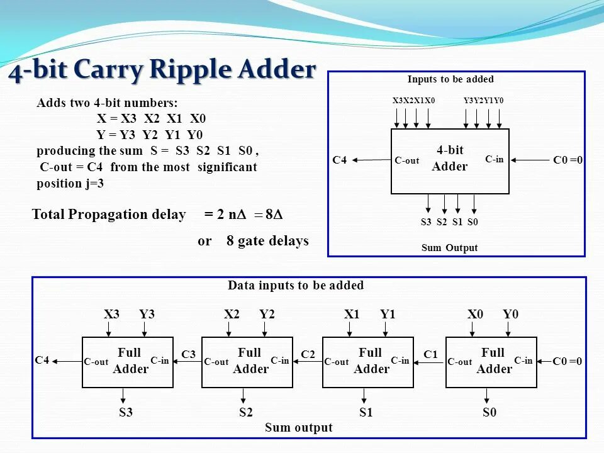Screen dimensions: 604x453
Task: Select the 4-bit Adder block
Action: click(450, 161)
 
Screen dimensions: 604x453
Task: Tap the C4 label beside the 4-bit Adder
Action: click(340, 160)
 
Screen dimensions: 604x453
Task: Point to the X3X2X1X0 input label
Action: click(413, 101)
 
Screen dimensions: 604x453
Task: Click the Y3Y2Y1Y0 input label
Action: click(483, 101)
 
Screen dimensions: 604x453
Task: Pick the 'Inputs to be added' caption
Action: click(450, 79)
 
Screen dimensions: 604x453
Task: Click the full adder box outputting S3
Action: click(128, 362)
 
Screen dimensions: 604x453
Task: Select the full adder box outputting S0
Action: click(491, 362)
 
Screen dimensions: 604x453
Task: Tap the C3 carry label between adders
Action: click(188, 355)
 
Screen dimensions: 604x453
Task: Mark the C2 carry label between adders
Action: click(308, 355)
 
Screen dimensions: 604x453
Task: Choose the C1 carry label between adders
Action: click(430, 355)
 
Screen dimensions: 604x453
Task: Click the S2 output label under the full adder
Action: click(245, 413)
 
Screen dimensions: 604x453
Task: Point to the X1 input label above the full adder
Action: click(352, 314)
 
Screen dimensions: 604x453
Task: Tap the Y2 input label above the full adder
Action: click(267, 314)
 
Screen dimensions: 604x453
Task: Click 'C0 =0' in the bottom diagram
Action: click(567, 361)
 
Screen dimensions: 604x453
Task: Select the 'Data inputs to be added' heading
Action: click(296, 286)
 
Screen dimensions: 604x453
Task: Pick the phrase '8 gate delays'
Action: click(267, 241)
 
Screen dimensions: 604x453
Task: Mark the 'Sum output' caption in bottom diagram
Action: click(298, 428)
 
